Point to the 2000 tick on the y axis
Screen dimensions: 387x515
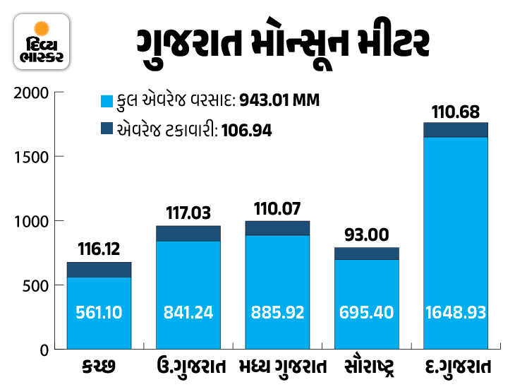(x=33, y=93)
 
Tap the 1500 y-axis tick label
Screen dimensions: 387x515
(x=33, y=157)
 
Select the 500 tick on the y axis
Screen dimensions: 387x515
(x=37, y=285)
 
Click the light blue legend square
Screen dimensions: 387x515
(x=107, y=101)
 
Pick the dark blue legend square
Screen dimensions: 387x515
(x=107, y=129)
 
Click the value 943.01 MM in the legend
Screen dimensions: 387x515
(x=279, y=101)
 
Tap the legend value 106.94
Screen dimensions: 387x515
(x=246, y=130)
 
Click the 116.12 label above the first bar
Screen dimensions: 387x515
(x=99, y=249)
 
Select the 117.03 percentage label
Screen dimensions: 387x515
(x=188, y=212)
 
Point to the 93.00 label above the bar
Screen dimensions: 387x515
(x=367, y=234)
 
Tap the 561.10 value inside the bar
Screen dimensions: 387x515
(x=99, y=311)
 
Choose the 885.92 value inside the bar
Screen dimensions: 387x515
(x=277, y=311)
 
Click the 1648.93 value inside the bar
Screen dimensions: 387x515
(x=456, y=311)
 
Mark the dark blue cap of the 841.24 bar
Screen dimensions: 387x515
(x=188, y=233)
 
